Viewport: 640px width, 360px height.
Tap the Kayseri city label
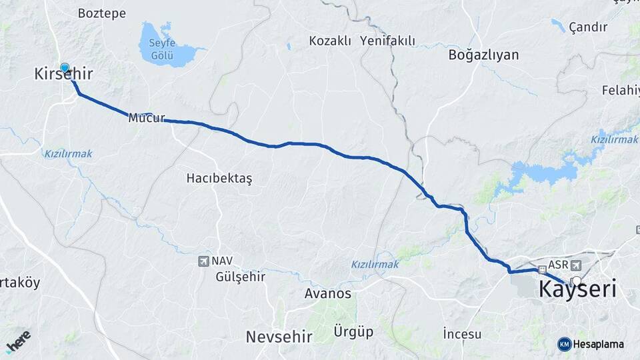577,290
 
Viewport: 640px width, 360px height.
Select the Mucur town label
146,118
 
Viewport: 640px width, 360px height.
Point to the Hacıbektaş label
219,178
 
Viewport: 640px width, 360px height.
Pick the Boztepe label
101,13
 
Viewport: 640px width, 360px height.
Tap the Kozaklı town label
329,41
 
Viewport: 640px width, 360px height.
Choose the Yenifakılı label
387,41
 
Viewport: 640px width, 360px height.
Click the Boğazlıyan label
483,55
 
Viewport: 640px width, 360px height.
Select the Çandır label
588,27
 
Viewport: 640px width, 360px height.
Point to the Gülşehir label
241,277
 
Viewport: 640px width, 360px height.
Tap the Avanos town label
327,293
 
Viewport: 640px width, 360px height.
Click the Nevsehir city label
279,337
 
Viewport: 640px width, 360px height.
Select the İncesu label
462,333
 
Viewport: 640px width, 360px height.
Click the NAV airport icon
204,261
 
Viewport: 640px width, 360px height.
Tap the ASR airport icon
575,265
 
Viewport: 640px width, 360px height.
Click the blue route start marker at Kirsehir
65,67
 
